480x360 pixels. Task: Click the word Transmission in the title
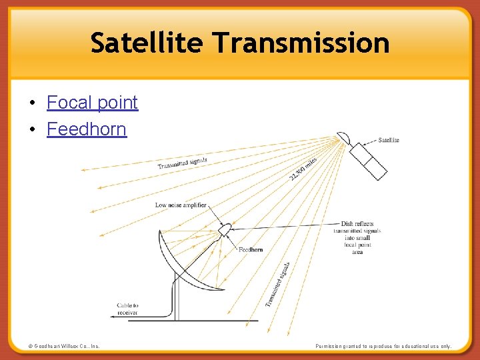pyautogui.click(x=301, y=43)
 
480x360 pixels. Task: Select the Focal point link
pyautogui.click(x=92, y=103)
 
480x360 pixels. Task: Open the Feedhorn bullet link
pyautogui.click(x=87, y=129)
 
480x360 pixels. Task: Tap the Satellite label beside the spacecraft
pyautogui.click(x=389, y=140)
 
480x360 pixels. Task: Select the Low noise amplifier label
pyautogui.click(x=181, y=205)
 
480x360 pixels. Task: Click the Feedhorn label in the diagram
pyautogui.click(x=251, y=249)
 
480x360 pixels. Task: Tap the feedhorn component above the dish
pyautogui.click(x=224, y=229)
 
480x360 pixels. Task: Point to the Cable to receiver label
pyautogui.click(x=127, y=309)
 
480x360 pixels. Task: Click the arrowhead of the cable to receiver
pyautogui.click(x=113, y=318)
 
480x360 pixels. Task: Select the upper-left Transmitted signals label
pyautogui.click(x=183, y=163)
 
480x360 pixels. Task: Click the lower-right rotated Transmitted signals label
pyautogui.click(x=277, y=284)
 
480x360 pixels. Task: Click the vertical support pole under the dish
pyautogui.click(x=177, y=300)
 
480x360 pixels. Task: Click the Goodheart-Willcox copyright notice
pyautogui.click(x=64, y=346)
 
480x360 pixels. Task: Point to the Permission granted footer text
pyautogui.click(x=383, y=346)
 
